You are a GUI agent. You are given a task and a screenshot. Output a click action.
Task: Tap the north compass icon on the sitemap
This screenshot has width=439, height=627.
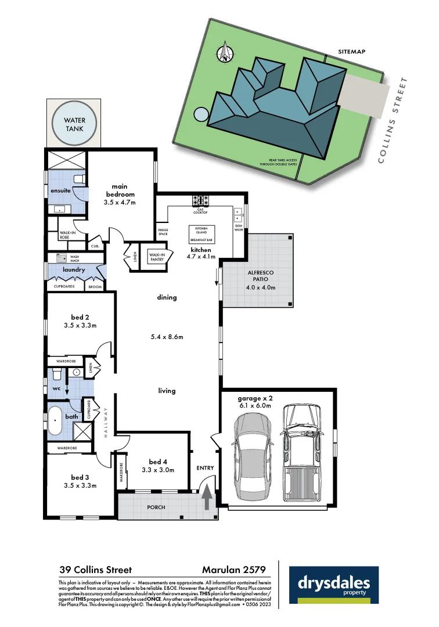[225, 53]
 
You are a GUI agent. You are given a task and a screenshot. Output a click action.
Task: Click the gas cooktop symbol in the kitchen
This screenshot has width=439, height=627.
[200, 201]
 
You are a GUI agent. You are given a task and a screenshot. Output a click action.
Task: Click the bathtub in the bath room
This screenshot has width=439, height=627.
[55, 420]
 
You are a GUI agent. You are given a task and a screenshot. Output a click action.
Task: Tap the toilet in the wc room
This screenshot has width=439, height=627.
[57, 373]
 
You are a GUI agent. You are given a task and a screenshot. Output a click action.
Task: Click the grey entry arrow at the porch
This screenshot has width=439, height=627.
[207, 497]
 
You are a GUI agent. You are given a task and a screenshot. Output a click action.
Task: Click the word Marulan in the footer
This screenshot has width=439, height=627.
[221, 570]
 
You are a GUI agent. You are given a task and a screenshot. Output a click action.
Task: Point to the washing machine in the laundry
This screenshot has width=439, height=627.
[61, 258]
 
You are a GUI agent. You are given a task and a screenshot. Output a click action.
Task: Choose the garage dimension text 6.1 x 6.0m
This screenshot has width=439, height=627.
[255, 406]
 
